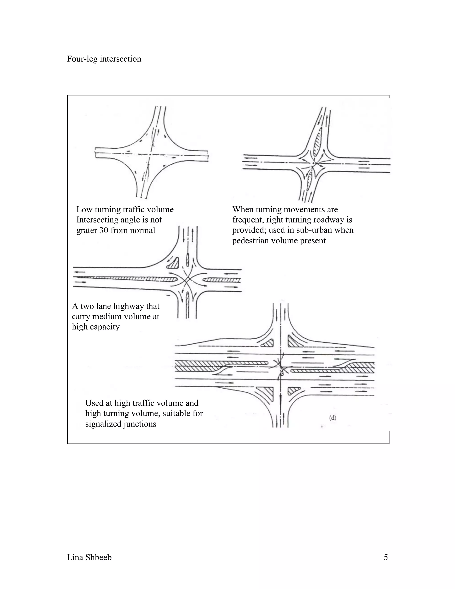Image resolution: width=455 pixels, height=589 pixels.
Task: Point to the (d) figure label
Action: [333, 418]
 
